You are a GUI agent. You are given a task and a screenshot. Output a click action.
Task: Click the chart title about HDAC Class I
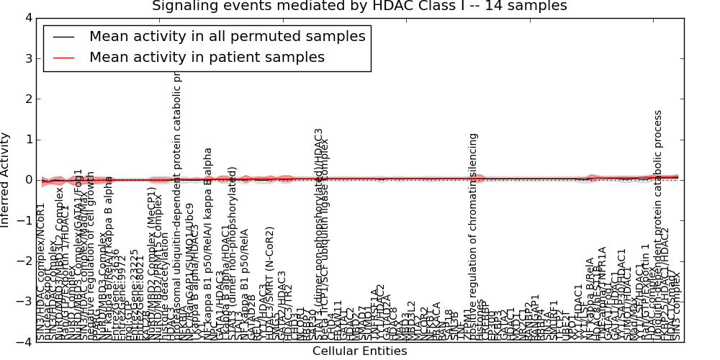pos(359,6)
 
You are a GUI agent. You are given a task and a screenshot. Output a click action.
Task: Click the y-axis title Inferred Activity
pos(6,180)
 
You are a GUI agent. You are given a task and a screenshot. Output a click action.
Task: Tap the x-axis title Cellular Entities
pos(359,351)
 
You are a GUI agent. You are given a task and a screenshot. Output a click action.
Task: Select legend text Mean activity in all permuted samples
pos(227,37)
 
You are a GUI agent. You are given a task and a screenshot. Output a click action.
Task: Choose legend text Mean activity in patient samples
pos(207,58)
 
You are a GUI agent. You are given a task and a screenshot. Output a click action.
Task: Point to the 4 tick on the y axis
pos(27,17)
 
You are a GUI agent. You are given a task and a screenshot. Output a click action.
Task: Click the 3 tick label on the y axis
pos(27,58)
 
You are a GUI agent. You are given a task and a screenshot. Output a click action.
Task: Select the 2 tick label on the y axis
pos(27,99)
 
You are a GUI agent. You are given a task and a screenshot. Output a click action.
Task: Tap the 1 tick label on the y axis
pos(27,140)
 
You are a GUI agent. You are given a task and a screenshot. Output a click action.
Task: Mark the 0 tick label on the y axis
pos(27,180)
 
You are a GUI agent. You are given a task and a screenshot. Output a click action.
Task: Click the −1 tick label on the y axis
pos(24,221)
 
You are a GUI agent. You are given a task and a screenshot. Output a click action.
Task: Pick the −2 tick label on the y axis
pos(24,261)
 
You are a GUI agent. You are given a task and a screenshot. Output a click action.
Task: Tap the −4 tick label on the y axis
pos(24,343)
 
